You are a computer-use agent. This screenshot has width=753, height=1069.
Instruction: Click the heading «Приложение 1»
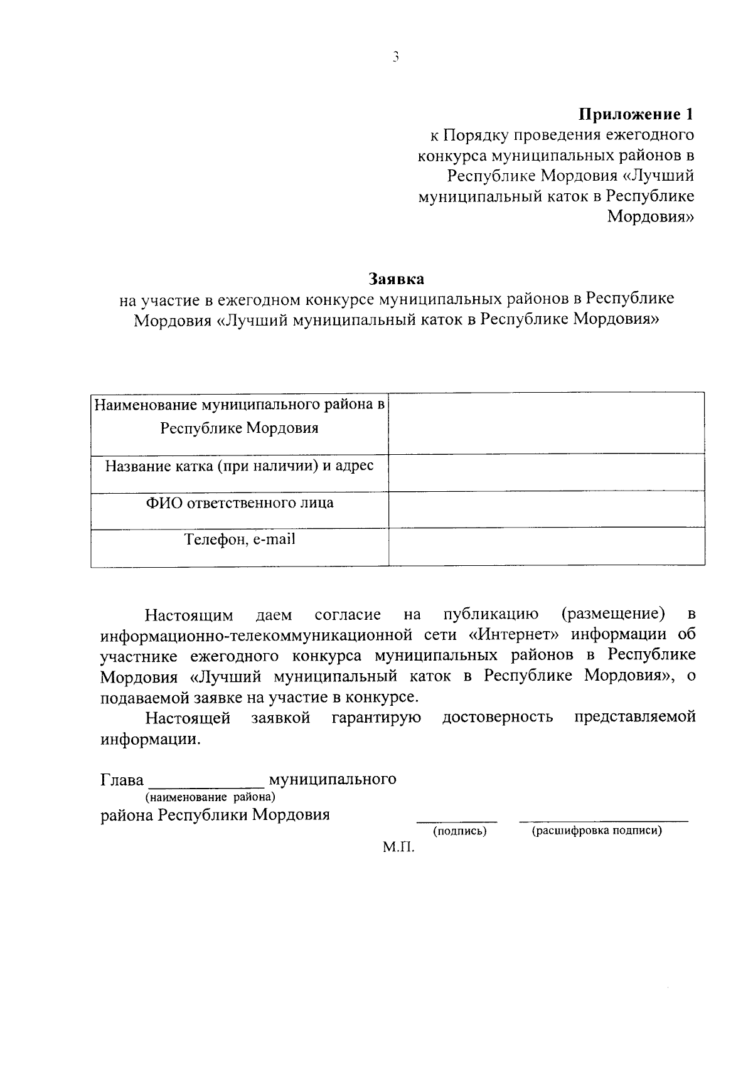pyautogui.click(x=636, y=114)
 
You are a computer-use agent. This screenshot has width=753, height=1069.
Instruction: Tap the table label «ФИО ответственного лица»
pyautogui.click(x=240, y=503)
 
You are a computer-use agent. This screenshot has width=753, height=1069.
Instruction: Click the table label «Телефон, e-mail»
pyautogui.click(x=240, y=540)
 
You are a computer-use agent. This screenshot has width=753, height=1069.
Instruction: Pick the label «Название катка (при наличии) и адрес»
pyautogui.click(x=240, y=466)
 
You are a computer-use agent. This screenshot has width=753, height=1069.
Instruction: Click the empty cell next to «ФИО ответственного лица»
pyautogui.click(x=546, y=511)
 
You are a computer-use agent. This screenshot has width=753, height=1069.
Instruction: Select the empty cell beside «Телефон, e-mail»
pyautogui.click(x=546, y=548)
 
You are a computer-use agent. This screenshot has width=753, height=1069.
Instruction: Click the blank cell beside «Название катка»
pyautogui.click(x=546, y=473)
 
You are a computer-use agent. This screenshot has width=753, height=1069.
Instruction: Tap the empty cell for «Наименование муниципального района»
pyautogui.click(x=546, y=423)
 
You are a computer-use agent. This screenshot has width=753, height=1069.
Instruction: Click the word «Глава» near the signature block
pyautogui.click(x=122, y=780)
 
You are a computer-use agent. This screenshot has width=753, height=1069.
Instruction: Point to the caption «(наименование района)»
pyautogui.click(x=210, y=797)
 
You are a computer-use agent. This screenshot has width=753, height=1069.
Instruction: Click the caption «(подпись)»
pyautogui.click(x=460, y=832)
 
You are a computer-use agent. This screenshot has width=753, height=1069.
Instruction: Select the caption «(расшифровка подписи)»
pyautogui.click(x=597, y=832)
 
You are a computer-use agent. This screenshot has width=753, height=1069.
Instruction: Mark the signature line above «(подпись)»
pyautogui.click(x=457, y=821)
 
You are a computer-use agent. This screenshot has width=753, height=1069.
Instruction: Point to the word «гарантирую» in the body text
pyautogui.click(x=376, y=718)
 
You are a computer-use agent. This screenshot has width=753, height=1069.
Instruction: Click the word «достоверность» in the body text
pyautogui.click(x=498, y=718)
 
